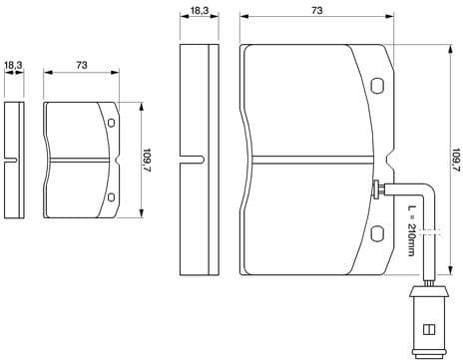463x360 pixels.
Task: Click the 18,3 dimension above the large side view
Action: click(198, 11)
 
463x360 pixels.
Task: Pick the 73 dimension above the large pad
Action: click(316, 11)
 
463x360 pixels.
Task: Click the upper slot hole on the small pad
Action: click(111, 123)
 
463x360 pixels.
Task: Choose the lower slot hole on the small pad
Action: click(111, 192)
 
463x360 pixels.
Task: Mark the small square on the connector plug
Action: click(427, 329)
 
